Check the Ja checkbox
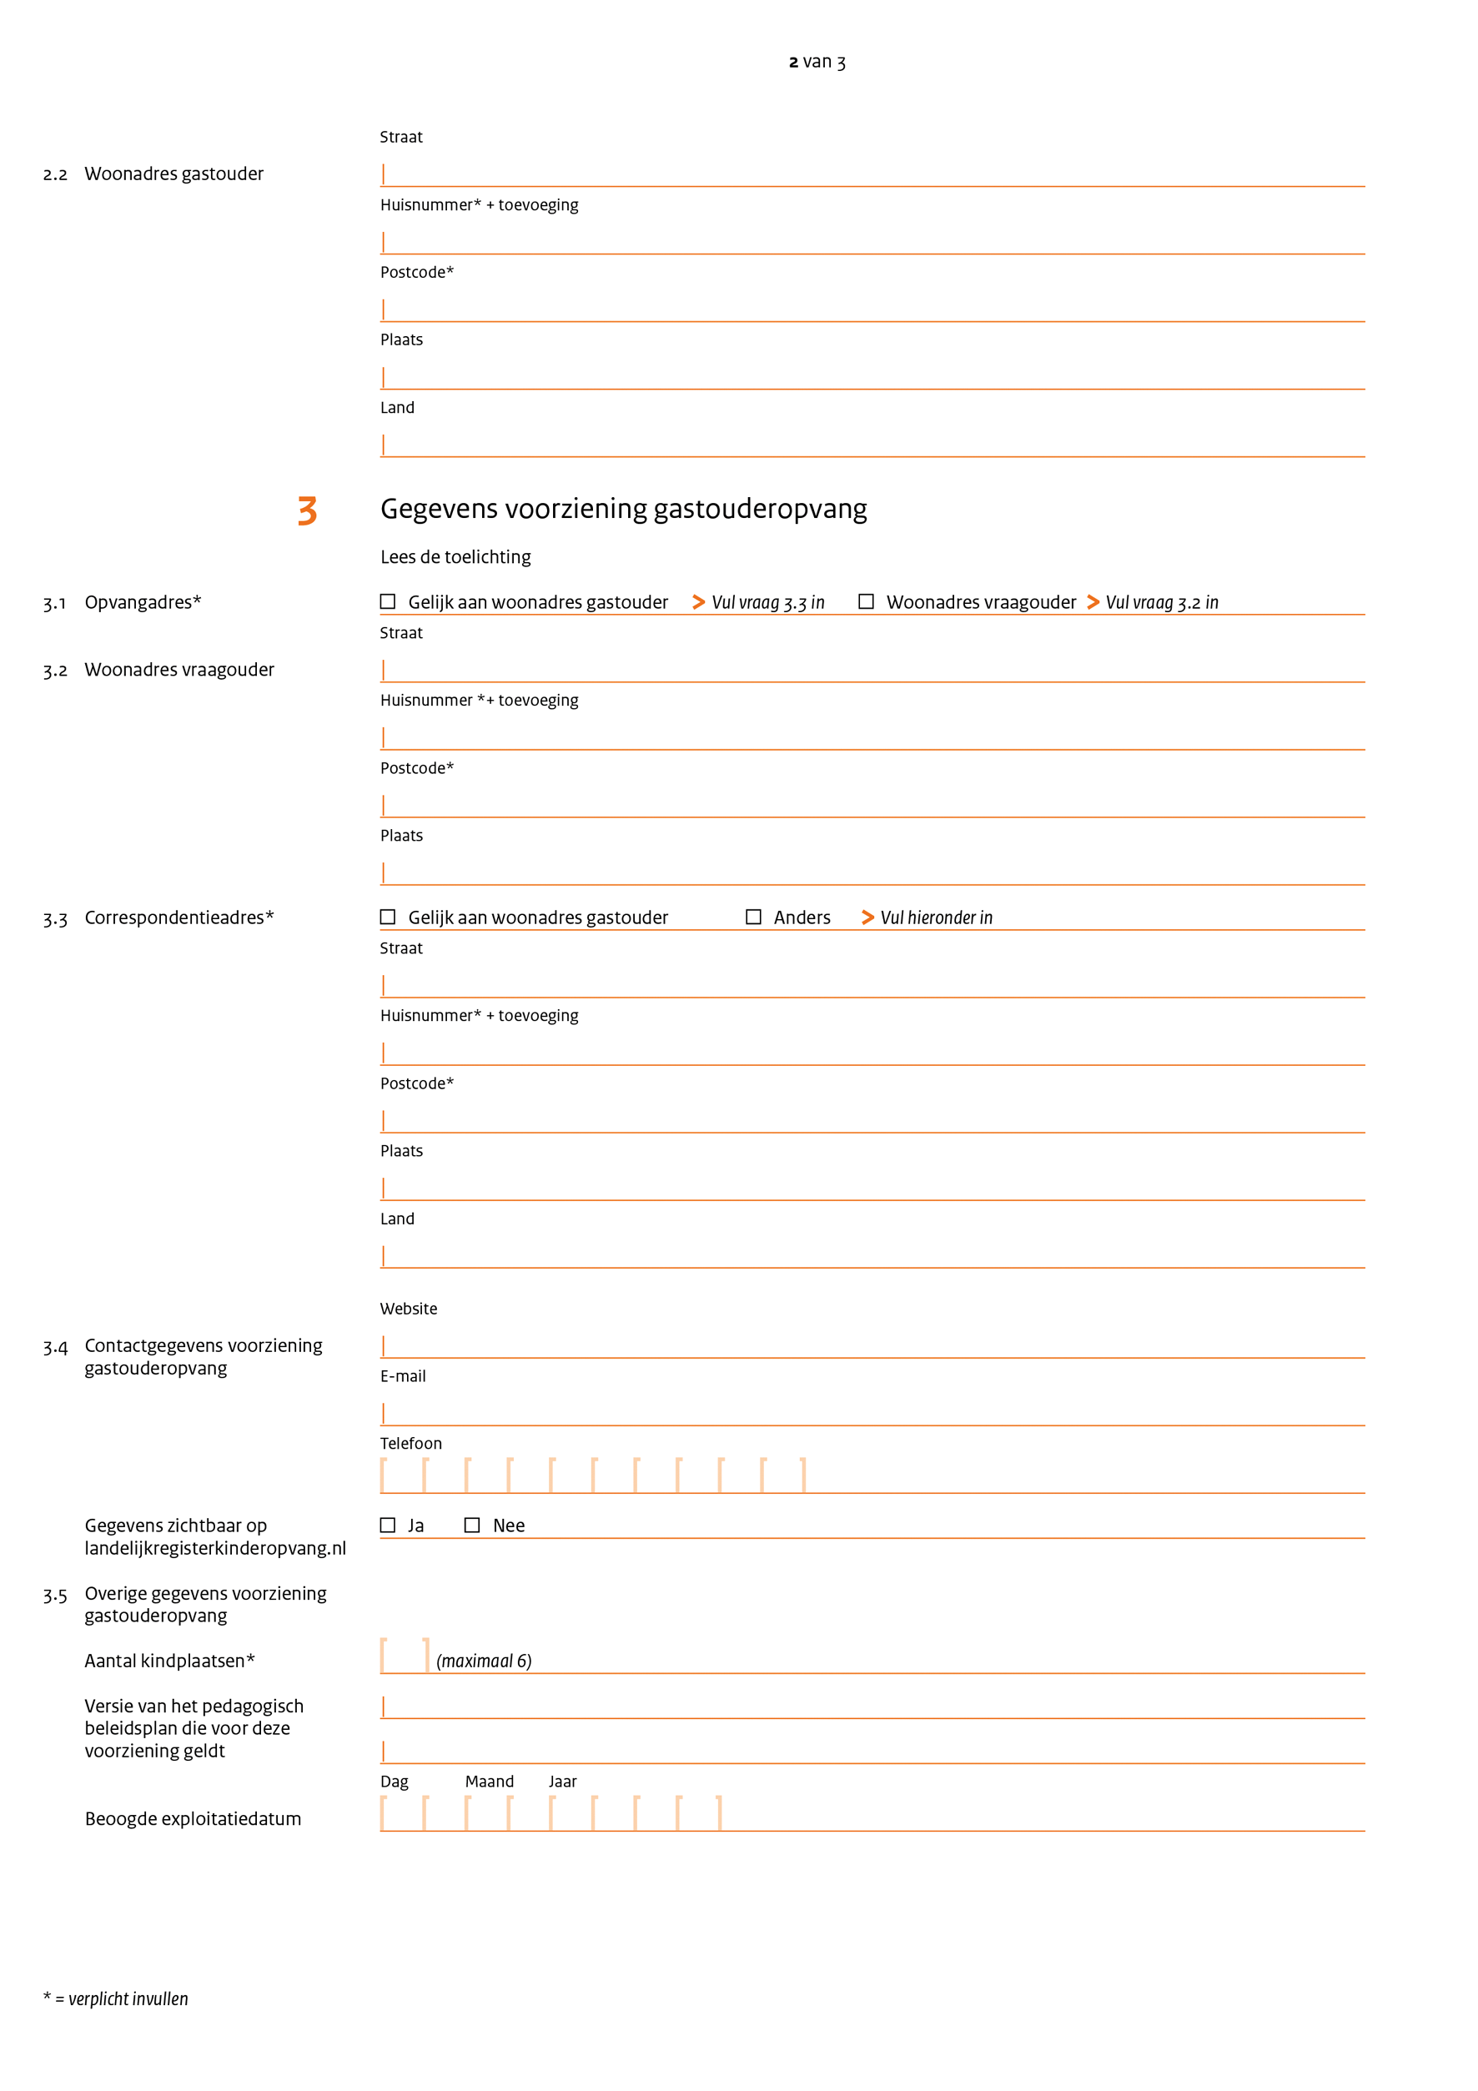click(x=388, y=1525)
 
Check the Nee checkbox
click(x=472, y=1525)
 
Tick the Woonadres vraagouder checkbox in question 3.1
click(x=866, y=601)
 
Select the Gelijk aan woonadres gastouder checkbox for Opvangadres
click(x=388, y=601)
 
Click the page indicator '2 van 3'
click(x=817, y=62)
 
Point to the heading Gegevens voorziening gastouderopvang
click(x=623, y=508)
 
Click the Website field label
click(x=408, y=1309)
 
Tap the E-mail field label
click(x=403, y=1376)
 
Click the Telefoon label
click(x=410, y=1444)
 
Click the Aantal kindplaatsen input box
click(x=405, y=1656)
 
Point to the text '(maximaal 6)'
click(x=484, y=1661)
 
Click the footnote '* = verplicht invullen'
click(x=116, y=1999)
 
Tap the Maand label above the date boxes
click(x=489, y=1782)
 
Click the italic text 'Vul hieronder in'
click(x=936, y=918)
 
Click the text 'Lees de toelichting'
click(x=455, y=556)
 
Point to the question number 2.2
click(x=55, y=174)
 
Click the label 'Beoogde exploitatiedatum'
click(x=193, y=1819)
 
